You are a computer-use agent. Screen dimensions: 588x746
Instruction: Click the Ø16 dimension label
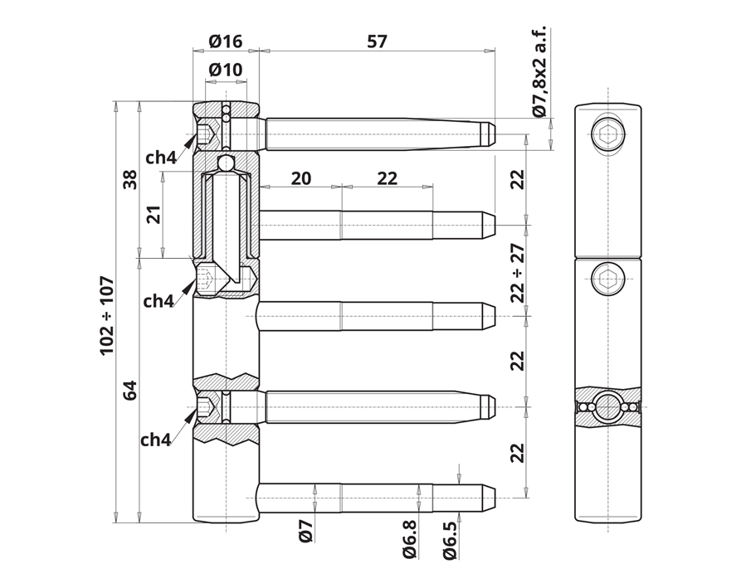(226, 41)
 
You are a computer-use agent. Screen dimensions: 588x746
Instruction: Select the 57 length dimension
(377, 41)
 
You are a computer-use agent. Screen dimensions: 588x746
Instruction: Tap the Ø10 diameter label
(226, 70)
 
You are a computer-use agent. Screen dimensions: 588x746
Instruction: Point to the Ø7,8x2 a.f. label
(540, 70)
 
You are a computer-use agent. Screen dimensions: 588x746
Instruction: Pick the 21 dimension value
(154, 215)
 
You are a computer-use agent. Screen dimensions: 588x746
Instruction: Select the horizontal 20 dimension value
(301, 178)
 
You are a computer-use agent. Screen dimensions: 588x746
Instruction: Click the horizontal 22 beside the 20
(387, 178)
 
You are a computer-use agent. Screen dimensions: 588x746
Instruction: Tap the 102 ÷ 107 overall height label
(107, 315)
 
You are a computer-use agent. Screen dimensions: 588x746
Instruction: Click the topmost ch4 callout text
(161, 158)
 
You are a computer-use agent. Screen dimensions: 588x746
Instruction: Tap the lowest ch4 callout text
(155, 440)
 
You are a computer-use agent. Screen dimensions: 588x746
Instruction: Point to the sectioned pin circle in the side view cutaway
(608, 406)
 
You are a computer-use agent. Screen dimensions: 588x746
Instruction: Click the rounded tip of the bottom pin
(490, 498)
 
